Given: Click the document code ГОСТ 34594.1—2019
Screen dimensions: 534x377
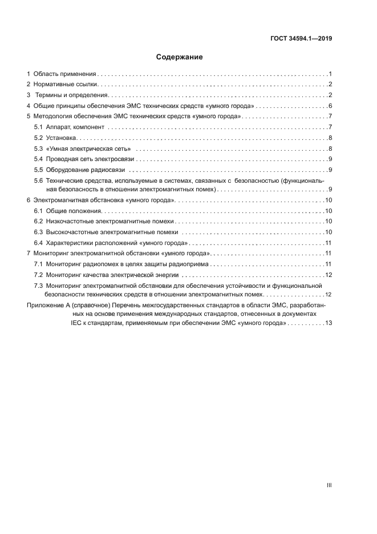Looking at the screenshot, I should click(x=301, y=39).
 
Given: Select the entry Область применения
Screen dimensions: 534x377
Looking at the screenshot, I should click(x=64, y=74).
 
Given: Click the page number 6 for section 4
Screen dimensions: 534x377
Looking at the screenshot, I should click(x=330, y=106).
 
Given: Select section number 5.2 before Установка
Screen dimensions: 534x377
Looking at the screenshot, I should click(x=38, y=138).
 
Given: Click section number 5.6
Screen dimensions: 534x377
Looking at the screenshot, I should click(x=38, y=180).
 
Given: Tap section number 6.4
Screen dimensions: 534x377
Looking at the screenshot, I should click(x=38, y=242).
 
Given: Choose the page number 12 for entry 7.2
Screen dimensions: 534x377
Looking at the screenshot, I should click(x=329, y=275).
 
